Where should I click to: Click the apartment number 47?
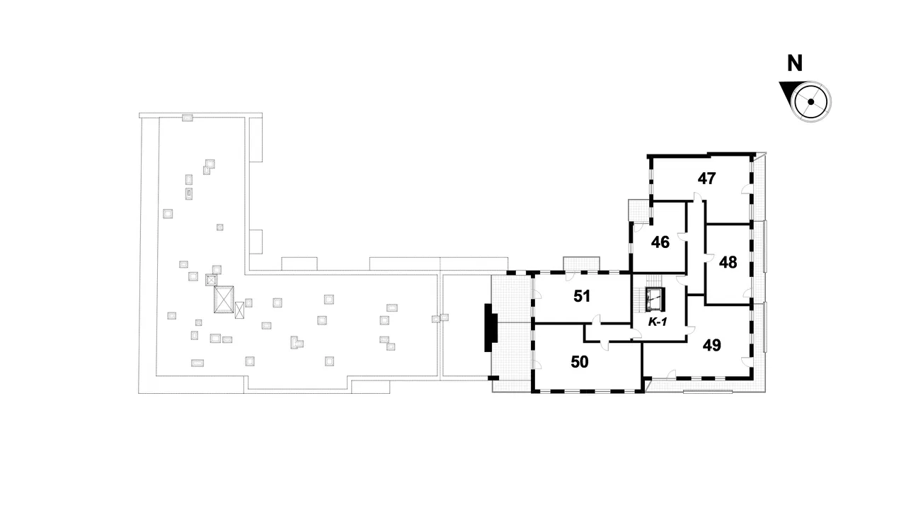706,179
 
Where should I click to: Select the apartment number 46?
660,242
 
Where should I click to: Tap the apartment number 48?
728,263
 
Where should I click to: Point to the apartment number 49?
712,346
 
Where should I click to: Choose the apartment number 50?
580,362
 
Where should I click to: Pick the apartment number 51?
582,296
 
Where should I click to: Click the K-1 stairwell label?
658,322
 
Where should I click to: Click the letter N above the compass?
795,64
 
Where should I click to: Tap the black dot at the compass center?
810,102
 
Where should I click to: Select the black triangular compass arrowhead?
787,91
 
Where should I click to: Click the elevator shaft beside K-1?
655,300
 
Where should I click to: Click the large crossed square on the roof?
224,299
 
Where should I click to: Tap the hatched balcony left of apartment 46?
638,210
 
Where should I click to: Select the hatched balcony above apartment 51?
581,264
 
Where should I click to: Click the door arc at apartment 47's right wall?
746,189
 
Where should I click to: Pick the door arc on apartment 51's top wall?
570,277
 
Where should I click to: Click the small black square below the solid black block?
493,378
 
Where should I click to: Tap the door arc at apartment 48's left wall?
710,259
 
